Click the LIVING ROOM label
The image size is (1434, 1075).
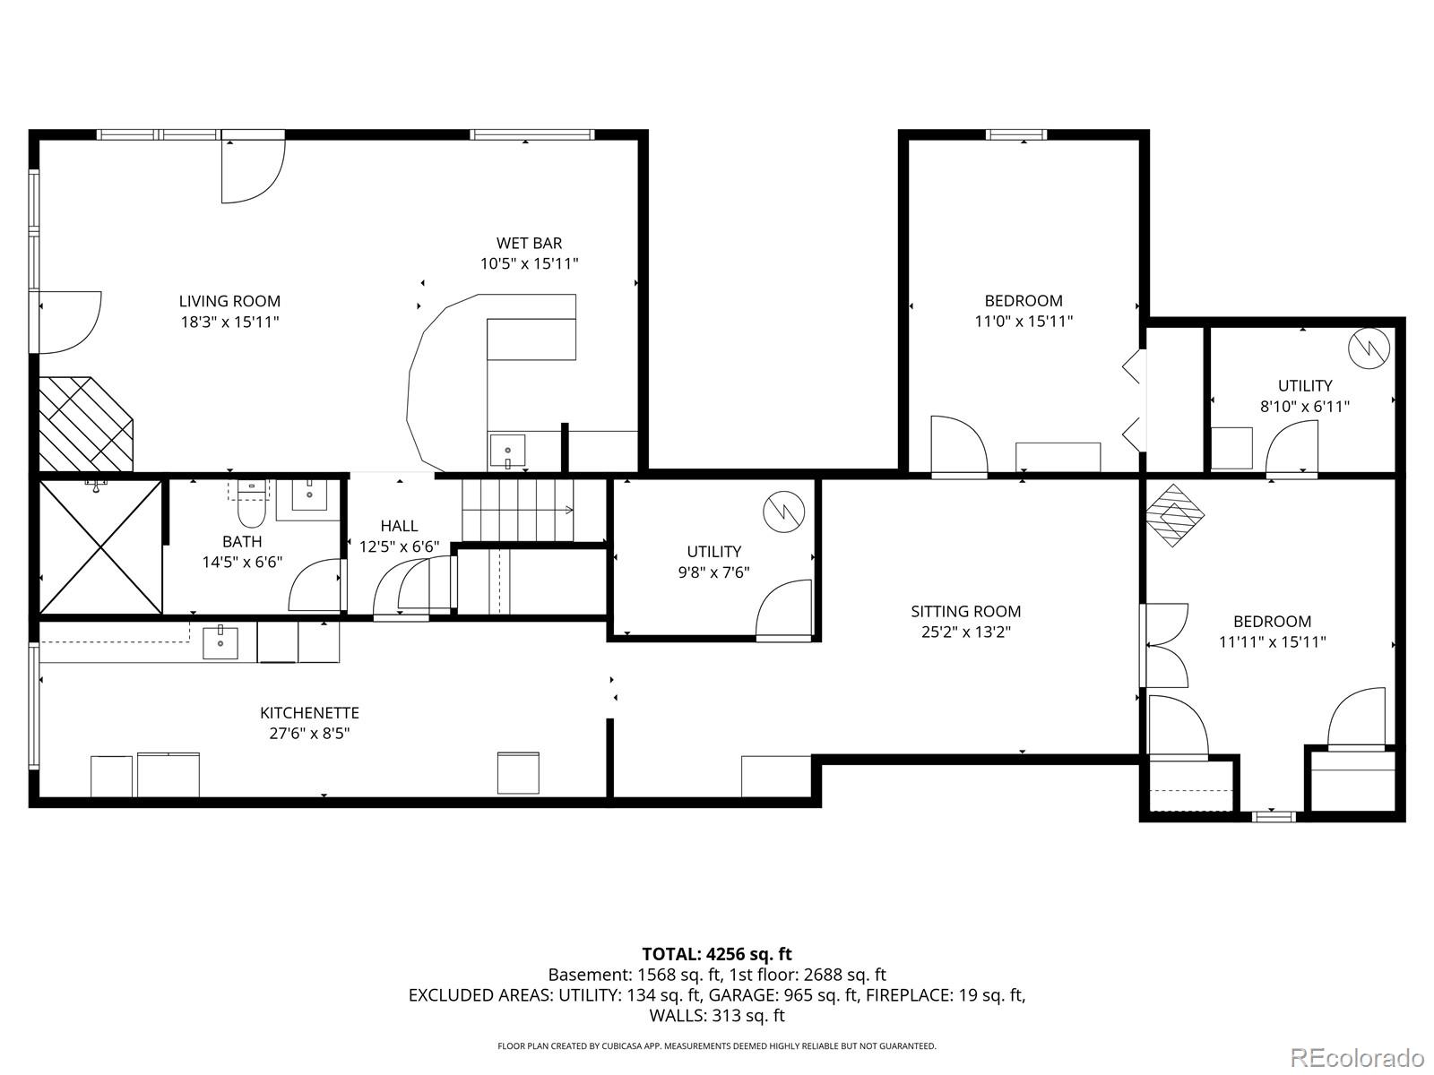[x=229, y=301]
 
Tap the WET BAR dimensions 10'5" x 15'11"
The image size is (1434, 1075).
[x=529, y=263]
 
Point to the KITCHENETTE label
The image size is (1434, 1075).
[x=309, y=713]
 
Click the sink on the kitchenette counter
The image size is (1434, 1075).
[x=220, y=642]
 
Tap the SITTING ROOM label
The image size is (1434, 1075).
[x=965, y=611]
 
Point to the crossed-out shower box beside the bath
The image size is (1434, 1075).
[x=100, y=547]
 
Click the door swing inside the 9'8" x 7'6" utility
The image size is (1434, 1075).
[x=783, y=609]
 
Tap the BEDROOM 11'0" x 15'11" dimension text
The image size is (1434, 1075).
[x=1024, y=321]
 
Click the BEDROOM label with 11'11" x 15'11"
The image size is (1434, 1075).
[x=1272, y=621]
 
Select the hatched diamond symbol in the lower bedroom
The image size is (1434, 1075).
[x=1175, y=515]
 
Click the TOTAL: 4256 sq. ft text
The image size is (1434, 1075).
[x=717, y=954]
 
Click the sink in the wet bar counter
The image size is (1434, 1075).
[x=507, y=450]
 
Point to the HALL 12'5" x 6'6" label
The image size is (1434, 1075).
[x=399, y=536]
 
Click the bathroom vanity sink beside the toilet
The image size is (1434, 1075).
[x=309, y=494]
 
